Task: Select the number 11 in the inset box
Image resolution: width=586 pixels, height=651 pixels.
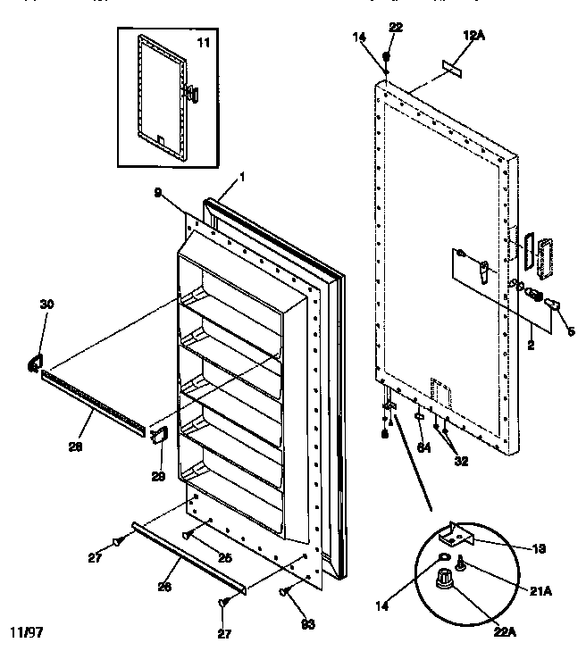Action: click(x=203, y=42)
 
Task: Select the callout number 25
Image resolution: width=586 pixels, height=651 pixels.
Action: click(x=225, y=556)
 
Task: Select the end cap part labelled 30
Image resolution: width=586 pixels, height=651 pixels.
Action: click(x=34, y=361)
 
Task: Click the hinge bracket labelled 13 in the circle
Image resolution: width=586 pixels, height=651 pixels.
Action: click(x=456, y=535)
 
